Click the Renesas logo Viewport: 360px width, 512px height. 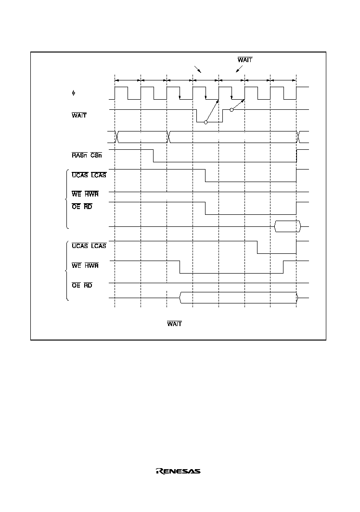point(178,471)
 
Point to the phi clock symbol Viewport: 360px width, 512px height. point(74,93)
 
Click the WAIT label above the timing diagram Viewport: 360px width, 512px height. point(245,60)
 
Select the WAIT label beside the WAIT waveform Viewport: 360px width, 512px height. point(79,115)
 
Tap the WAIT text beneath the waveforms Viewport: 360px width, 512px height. point(174,324)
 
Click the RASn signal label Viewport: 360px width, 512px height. point(79,155)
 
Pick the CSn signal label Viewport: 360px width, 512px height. point(96,155)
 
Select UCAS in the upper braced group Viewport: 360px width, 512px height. point(79,175)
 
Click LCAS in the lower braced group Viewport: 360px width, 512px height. point(99,246)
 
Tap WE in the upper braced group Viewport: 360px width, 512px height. point(77,194)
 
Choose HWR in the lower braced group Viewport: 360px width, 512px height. point(91,265)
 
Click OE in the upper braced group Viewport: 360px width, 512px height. point(76,207)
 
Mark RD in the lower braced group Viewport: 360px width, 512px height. point(88,285)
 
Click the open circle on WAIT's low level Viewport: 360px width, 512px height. point(206,122)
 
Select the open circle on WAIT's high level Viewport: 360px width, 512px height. point(231,110)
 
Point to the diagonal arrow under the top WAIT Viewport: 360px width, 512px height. point(239,69)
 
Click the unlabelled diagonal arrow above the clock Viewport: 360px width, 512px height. point(198,69)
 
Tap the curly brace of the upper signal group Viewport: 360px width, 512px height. point(67,199)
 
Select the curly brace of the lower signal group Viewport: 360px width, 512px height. point(67,271)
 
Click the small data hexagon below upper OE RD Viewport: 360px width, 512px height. point(287,226)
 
